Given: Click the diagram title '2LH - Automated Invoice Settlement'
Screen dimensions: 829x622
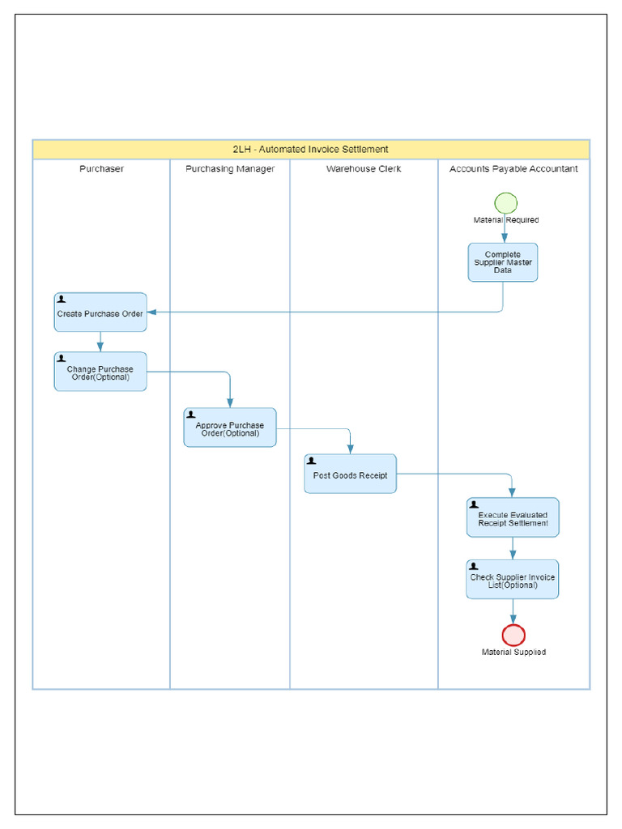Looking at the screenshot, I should click(x=311, y=150).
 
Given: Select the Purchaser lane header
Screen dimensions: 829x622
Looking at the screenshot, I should click(x=101, y=169).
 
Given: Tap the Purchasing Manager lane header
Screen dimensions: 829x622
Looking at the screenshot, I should click(x=230, y=169).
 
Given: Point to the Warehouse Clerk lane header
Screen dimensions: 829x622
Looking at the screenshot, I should click(x=364, y=169).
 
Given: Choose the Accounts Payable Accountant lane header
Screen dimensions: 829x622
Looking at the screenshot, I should click(x=513, y=169).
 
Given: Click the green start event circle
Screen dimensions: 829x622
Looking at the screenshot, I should click(x=505, y=203).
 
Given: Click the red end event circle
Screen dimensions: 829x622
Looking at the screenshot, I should click(x=513, y=635).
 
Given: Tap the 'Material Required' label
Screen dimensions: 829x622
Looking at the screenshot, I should click(x=506, y=220).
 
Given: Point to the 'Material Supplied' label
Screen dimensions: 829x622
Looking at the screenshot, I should click(x=513, y=653).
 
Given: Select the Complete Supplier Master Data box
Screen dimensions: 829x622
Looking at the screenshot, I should click(x=503, y=262).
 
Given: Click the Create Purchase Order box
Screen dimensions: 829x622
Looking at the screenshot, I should click(x=100, y=312).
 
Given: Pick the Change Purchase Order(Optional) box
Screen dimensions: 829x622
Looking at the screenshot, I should click(x=100, y=372).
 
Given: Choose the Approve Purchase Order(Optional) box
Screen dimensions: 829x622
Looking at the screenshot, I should click(x=230, y=428).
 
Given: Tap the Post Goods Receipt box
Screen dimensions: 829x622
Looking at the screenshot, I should click(x=351, y=474).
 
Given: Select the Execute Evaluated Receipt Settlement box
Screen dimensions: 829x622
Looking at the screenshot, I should click(x=513, y=518).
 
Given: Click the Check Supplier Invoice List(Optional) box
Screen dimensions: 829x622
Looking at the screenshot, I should click(x=513, y=580).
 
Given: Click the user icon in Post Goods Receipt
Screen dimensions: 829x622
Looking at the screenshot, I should click(x=312, y=461).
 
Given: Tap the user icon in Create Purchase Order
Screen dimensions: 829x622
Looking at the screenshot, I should click(x=62, y=300).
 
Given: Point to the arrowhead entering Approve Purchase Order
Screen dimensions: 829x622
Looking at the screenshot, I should click(x=230, y=403).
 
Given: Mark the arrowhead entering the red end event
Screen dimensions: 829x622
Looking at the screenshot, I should click(x=513, y=619).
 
